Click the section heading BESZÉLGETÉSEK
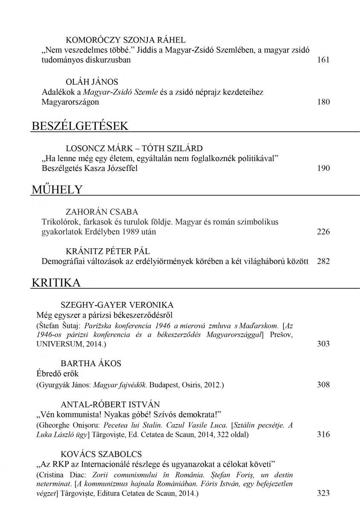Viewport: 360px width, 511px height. point(80,126)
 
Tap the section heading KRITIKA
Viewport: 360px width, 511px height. point(56,283)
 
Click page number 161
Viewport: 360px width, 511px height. point(323,60)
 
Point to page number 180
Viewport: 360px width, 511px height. point(323,102)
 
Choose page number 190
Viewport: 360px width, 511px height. point(323,168)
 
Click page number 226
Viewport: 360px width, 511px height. point(323,232)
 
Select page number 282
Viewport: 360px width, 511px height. point(323,261)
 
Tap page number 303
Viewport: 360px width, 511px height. point(323,343)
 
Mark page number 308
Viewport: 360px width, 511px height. point(323,385)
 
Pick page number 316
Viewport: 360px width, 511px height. point(323,434)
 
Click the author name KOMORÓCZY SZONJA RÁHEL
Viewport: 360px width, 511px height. point(126,40)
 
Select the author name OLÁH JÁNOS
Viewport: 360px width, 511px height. point(92,81)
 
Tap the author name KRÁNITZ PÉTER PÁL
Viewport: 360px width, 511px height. point(108,251)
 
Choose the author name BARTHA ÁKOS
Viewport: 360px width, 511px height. point(91,363)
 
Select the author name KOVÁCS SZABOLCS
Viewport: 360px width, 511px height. point(101,453)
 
